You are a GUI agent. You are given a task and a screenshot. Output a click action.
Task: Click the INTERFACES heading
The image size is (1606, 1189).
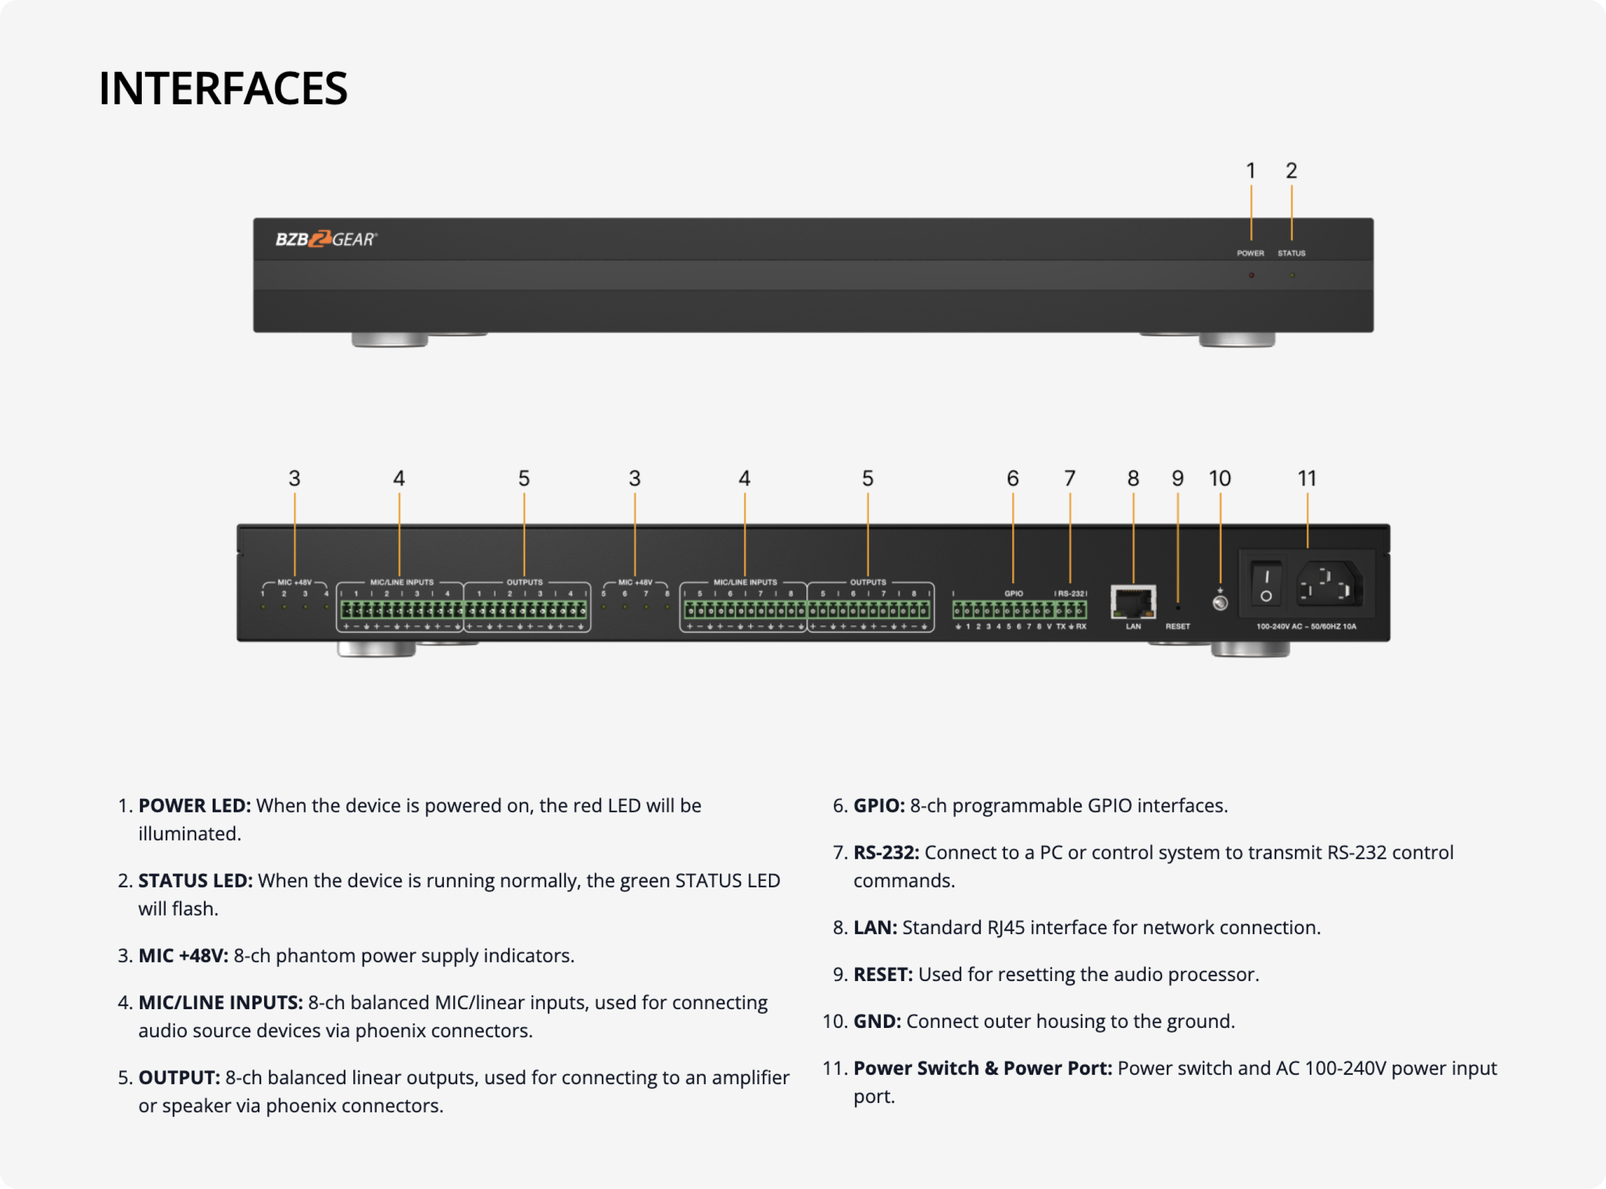click(x=223, y=88)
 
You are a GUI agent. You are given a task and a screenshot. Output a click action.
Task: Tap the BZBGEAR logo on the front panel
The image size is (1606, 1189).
click(x=326, y=240)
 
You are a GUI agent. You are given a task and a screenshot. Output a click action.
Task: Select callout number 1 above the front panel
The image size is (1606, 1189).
click(x=1250, y=171)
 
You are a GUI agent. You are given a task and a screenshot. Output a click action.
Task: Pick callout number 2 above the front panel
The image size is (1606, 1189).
click(x=1291, y=171)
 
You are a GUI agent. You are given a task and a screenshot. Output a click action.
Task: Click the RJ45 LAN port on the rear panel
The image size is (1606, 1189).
click(x=1133, y=602)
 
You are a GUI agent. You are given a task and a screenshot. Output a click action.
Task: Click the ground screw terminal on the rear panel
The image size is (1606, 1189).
click(x=1221, y=603)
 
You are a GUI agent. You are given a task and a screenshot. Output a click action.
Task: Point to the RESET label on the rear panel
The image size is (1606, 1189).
click(x=1178, y=627)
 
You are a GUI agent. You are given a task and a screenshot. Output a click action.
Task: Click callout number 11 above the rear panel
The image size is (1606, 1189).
click(x=1307, y=479)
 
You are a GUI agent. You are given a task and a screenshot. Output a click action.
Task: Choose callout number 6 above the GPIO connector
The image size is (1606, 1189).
click(x=1012, y=479)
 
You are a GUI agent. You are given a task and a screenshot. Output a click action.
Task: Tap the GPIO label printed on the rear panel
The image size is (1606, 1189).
click(x=1013, y=594)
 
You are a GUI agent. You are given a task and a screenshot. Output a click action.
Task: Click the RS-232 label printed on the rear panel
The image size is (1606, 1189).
click(x=1071, y=594)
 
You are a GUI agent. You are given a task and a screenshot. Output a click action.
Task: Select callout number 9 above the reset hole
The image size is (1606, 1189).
click(x=1177, y=479)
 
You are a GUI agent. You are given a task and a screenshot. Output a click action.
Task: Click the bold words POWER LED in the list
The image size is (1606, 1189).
click(x=194, y=805)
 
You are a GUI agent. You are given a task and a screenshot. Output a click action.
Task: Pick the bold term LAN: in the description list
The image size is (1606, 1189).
click(x=875, y=928)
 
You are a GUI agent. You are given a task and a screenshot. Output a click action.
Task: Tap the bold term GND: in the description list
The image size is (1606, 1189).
click(x=877, y=1021)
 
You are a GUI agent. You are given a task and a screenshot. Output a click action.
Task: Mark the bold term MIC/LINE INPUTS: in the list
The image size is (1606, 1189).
click(x=220, y=1003)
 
